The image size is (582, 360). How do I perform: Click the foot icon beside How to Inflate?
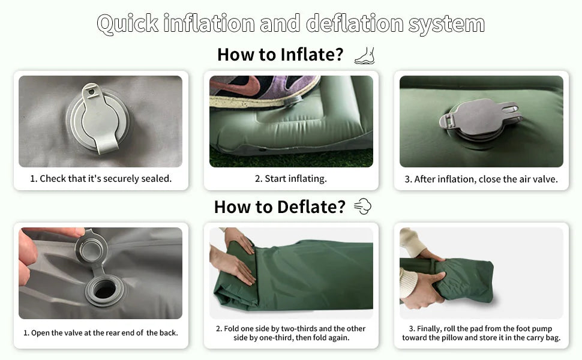364,56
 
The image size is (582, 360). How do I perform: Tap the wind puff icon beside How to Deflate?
362,206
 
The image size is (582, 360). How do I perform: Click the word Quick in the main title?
128,24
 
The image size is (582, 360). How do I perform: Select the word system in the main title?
446,24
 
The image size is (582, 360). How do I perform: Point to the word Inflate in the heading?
312,55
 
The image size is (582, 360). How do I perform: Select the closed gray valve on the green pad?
481,121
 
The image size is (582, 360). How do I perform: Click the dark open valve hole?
104,289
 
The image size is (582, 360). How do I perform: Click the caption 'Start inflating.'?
291,179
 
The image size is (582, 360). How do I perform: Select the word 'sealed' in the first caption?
155,179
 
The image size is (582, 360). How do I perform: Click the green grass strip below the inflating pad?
291,159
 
